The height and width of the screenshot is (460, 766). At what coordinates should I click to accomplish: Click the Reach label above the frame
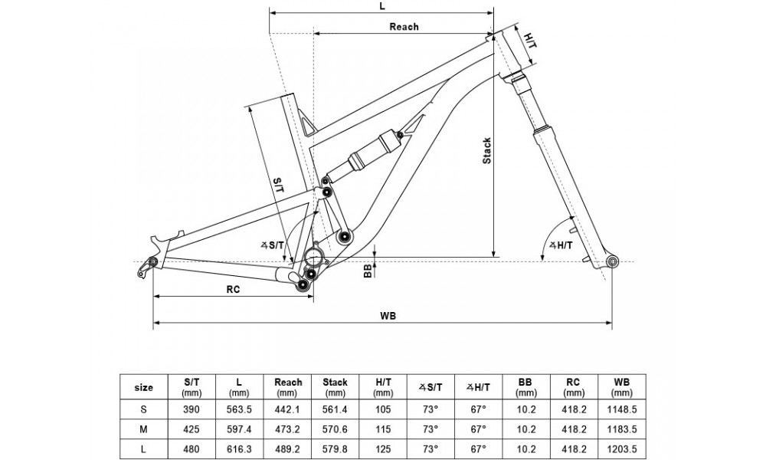[x=404, y=27]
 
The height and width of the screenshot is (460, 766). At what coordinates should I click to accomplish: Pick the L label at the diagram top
[x=381, y=5]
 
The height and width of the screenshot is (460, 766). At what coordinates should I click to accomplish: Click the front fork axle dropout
[x=611, y=262]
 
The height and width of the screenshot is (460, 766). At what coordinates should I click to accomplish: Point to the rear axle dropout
[x=152, y=262]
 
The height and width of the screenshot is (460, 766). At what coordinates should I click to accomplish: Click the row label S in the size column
[x=143, y=409]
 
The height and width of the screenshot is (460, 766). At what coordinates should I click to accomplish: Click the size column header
[x=143, y=387]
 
